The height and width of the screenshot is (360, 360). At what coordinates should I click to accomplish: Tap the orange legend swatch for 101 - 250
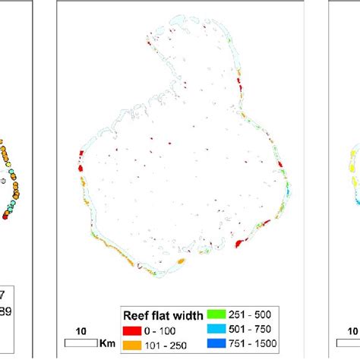131,346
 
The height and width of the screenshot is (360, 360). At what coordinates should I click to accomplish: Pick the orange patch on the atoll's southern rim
181,262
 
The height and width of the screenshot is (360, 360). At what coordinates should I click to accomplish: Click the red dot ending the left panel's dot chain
7,216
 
